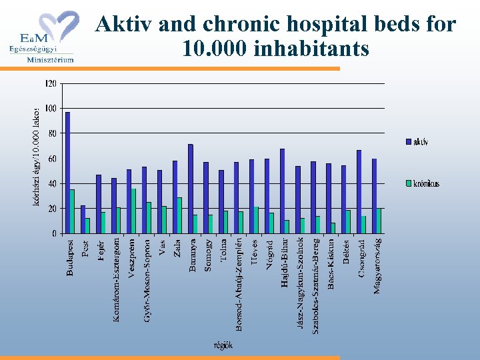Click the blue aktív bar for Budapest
pyautogui.click(x=67, y=173)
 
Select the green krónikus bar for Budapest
pyautogui.click(x=72, y=211)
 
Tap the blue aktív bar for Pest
pyautogui.click(x=83, y=219)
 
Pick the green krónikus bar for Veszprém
pyautogui.click(x=133, y=211)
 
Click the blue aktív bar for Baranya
pyautogui.click(x=190, y=189)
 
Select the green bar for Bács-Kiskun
pyautogui.click(x=333, y=228)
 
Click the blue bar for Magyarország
pyautogui.click(x=374, y=196)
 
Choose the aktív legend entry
pyautogui.click(x=417, y=141)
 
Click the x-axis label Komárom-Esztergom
pyautogui.click(x=116, y=280)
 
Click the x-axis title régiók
pyautogui.click(x=223, y=345)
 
